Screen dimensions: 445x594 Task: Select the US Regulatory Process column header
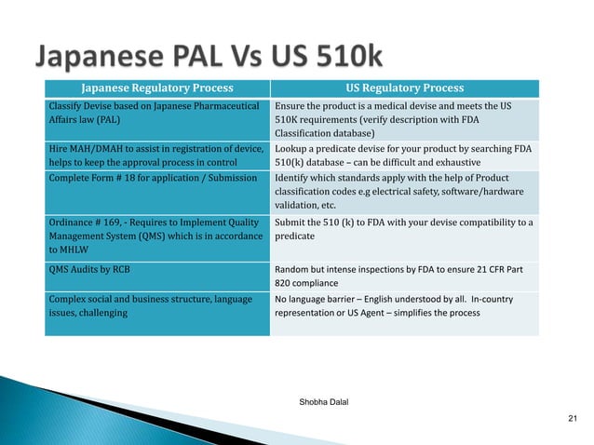tap(404, 88)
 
